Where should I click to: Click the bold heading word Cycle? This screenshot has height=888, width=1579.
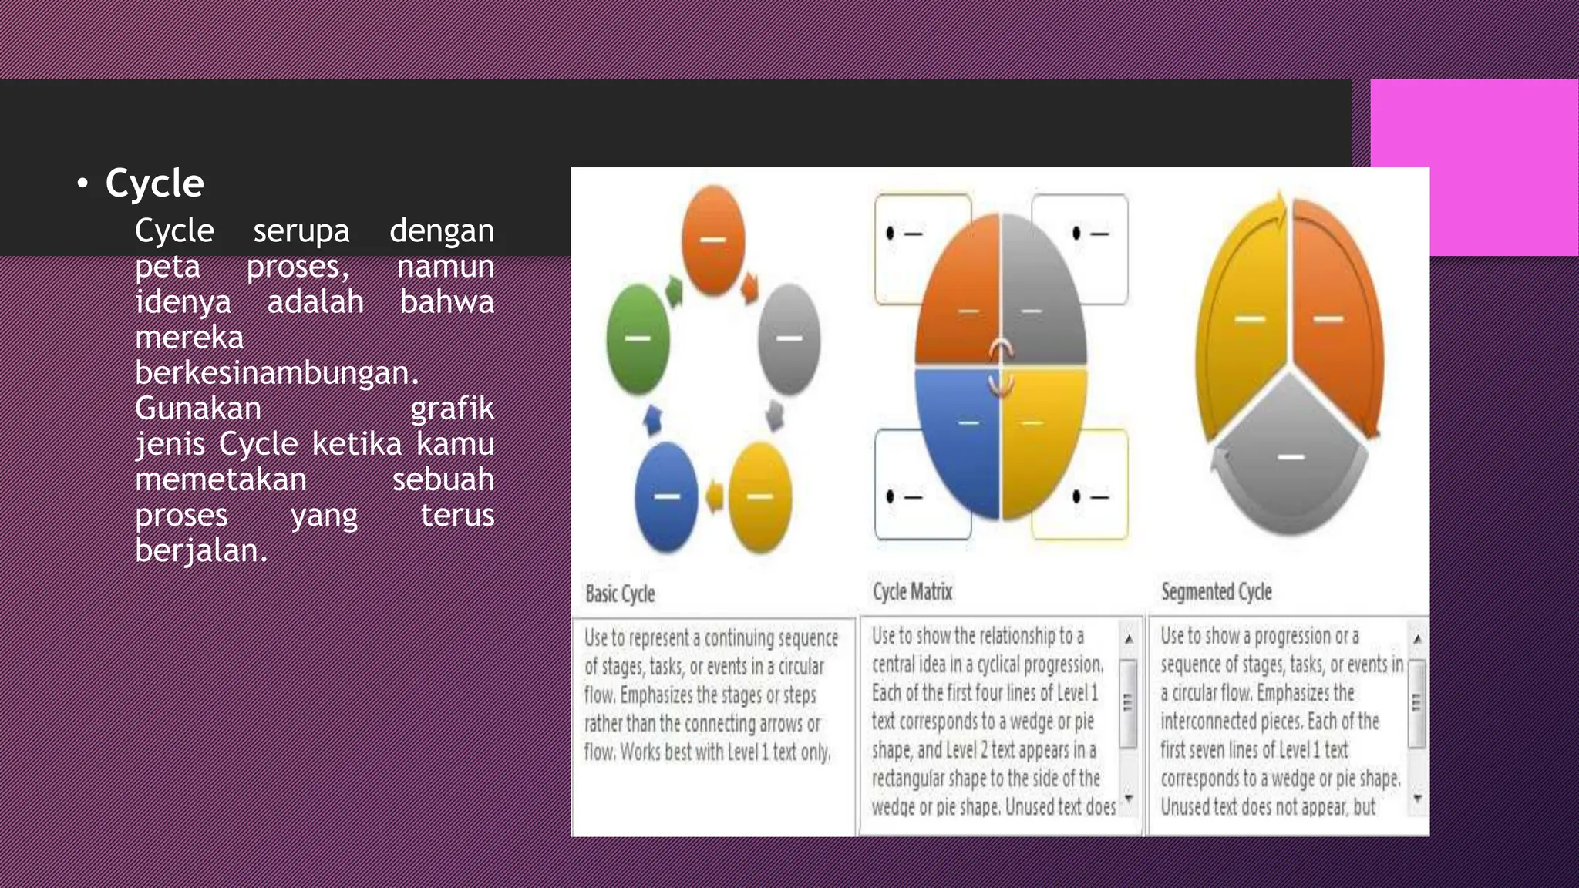tap(154, 183)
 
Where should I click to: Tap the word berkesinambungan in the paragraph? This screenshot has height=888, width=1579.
tap(276, 373)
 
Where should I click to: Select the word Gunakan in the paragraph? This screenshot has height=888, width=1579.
tap(198, 409)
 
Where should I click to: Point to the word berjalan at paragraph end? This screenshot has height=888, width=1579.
tap(200, 550)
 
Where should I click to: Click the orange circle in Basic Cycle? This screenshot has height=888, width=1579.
tap(713, 240)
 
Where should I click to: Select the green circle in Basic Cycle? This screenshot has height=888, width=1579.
tap(638, 338)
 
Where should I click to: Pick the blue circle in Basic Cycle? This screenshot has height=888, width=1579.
tap(666, 496)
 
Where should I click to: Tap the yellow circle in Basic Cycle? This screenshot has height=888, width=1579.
tap(760, 496)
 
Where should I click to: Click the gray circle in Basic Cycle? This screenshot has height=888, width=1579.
tap(789, 338)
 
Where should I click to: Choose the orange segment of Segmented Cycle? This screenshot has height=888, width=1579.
tap(1334, 316)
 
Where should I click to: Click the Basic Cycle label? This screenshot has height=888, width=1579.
tap(620, 594)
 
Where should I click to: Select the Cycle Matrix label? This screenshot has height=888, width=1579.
tap(912, 592)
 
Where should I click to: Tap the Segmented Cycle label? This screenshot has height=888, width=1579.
tap(1216, 592)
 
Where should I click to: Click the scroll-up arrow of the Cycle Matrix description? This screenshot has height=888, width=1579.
tap(1129, 639)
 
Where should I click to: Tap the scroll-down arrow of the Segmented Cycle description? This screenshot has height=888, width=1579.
tap(1417, 799)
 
